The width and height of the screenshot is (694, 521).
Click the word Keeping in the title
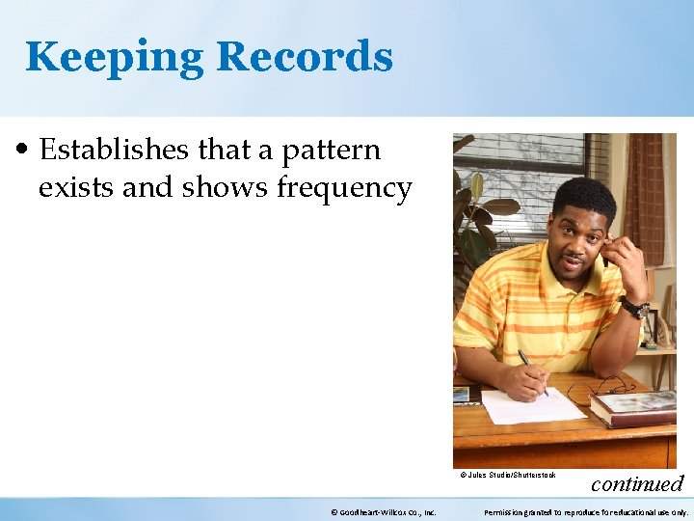[x=115, y=57]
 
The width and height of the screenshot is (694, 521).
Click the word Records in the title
[x=305, y=57]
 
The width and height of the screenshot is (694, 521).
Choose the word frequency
[x=345, y=189]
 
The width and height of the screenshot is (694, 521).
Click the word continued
[x=636, y=483]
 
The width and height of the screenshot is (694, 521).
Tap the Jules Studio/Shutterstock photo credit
[x=508, y=475]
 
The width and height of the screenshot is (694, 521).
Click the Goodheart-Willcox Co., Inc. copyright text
[x=383, y=512]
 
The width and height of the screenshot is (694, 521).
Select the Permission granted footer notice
[x=586, y=512]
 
